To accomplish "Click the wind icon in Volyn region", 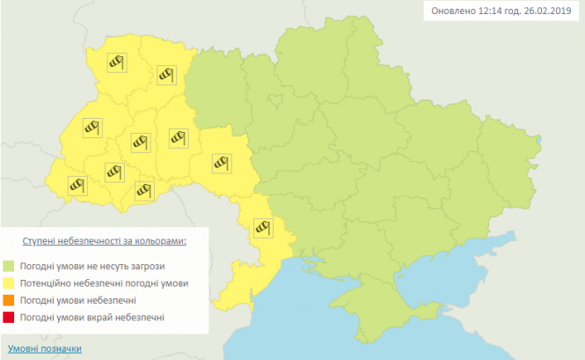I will (x=118, y=62).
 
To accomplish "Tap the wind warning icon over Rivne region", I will (x=167, y=75).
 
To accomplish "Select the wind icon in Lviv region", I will (x=92, y=128).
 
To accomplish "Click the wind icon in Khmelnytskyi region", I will (x=179, y=137).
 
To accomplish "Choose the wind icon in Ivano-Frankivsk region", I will (x=114, y=170).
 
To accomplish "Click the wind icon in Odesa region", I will (x=262, y=227).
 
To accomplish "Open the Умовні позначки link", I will (x=44, y=349).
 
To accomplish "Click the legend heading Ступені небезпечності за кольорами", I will (x=105, y=239).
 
